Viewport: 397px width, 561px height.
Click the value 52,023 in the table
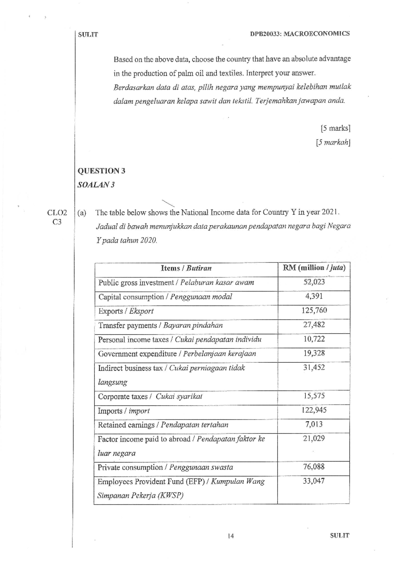coord(314,282)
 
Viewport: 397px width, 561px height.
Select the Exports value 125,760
coord(314,310)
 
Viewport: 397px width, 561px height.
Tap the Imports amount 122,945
coord(314,410)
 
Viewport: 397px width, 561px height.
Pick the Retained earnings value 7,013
coord(314,424)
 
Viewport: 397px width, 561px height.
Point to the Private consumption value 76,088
coord(314,467)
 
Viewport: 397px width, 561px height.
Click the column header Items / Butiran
coord(186,268)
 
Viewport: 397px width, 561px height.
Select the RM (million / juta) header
coord(314,268)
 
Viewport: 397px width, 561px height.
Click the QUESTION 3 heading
coord(101,171)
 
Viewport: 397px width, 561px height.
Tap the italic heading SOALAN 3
coord(96,185)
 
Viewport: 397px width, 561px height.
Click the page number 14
coord(231,536)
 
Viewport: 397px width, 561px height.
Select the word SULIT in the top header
coord(88,34)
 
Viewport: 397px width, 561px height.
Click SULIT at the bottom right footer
coord(339,536)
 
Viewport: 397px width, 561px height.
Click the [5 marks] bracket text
coord(335,128)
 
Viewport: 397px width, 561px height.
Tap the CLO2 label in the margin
coord(57,213)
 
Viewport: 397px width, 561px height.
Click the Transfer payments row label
coord(128,325)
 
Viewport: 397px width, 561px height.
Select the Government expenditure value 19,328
coord(314,353)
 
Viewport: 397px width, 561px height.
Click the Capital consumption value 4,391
coord(314,296)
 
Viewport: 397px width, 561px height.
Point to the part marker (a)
coord(82,213)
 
